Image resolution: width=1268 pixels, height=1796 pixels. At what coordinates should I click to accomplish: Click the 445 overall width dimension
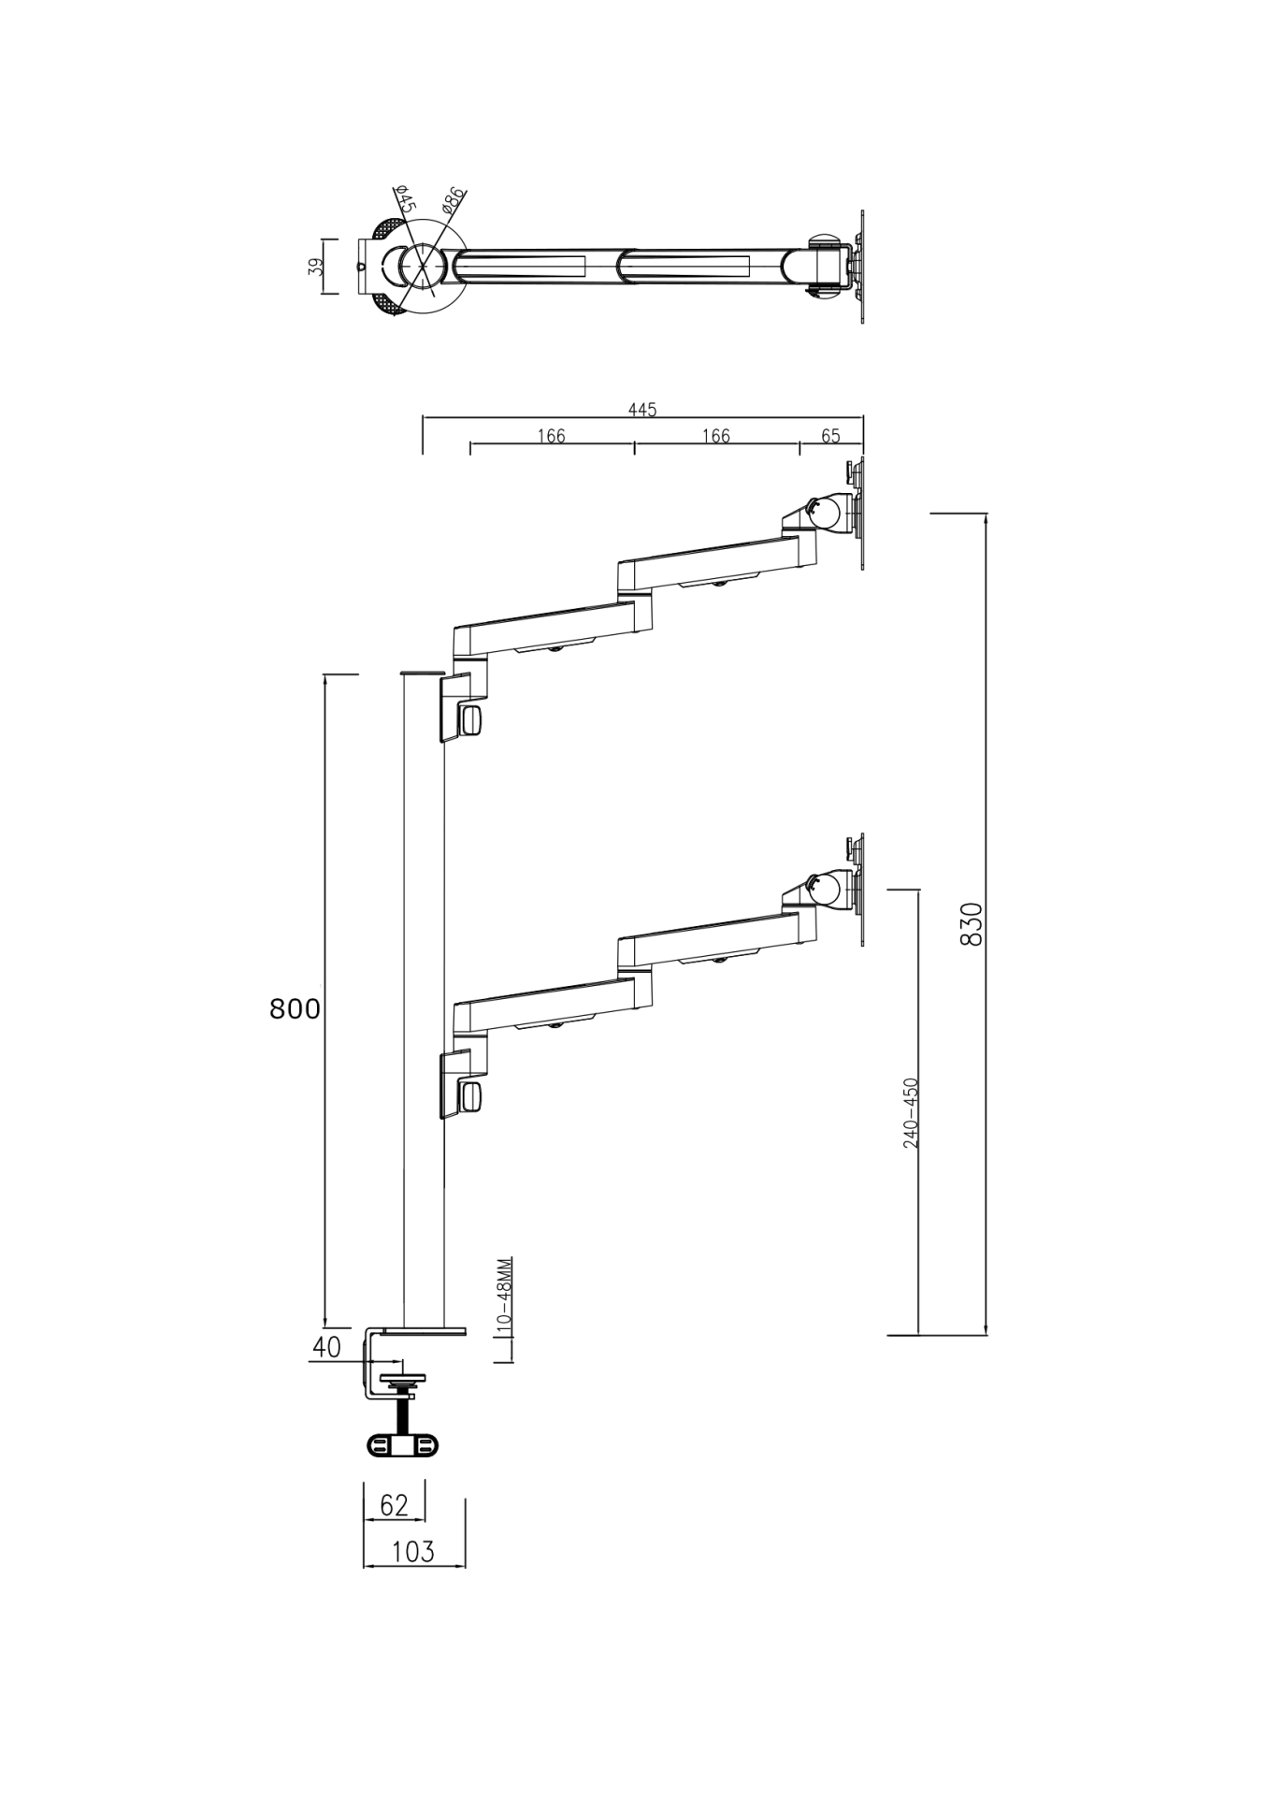pyautogui.click(x=642, y=410)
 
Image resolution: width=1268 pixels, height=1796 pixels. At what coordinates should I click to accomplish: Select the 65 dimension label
pyautogui.click(x=830, y=436)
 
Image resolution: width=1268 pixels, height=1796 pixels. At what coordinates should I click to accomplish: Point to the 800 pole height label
pyautogui.click(x=295, y=1008)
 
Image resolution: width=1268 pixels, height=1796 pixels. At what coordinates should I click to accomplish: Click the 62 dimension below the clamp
pyautogui.click(x=394, y=1505)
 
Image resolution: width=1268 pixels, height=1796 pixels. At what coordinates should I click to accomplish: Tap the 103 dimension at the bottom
pyautogui.click(x=413, y=1552)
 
